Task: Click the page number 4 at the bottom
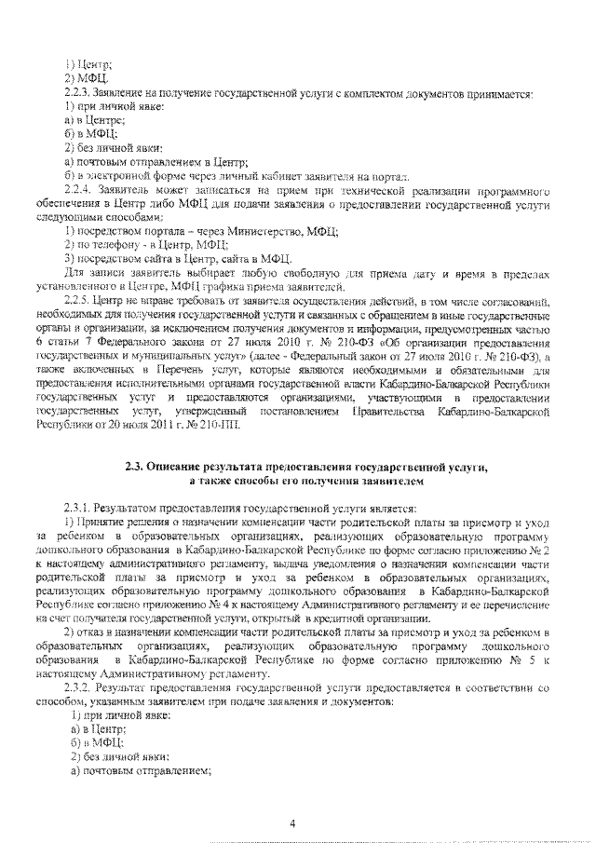(x=293, y=823)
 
